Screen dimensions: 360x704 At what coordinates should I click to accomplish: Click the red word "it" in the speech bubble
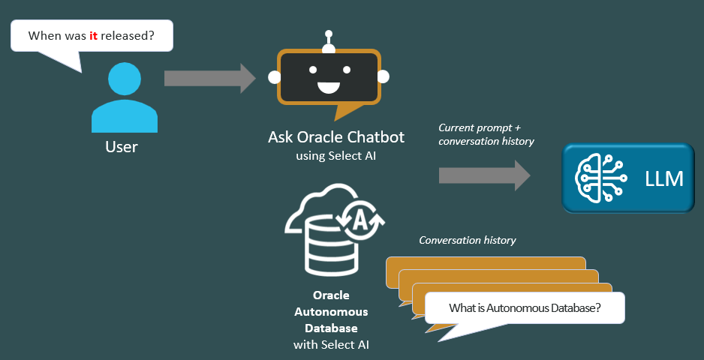click(94, 35)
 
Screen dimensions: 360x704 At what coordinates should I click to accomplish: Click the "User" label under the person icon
click(122, 146)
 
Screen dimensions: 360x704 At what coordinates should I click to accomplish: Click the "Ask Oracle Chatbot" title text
click(335, 137)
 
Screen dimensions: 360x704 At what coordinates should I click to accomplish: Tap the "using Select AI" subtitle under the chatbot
click(336, 156)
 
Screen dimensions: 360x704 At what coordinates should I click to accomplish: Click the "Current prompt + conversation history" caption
click(486, 134)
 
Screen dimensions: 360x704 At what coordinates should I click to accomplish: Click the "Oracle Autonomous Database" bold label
click(331, 311)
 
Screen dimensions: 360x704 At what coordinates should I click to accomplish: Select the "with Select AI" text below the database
click(331, 344)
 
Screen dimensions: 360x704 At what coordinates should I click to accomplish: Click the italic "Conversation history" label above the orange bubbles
click(468, 241)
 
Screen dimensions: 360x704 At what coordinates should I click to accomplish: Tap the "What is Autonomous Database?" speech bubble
click(525, 307)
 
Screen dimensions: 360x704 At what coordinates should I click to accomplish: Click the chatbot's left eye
click(309, 70)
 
